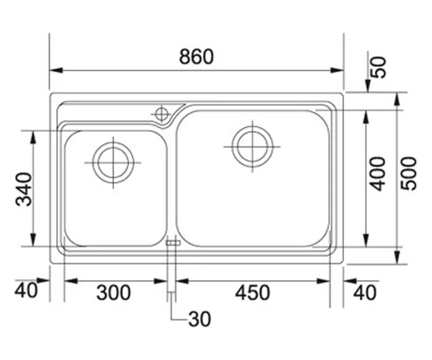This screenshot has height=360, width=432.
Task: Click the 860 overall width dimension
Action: pyautogui.click(x=196, y=56)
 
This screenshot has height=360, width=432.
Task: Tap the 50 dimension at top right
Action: pyautogui.click(x=379, y=67)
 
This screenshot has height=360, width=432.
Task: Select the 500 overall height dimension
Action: pyautogui.click(x=408, y=174)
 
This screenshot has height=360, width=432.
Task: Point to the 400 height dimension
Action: pyautogui.click(x=377, y=174)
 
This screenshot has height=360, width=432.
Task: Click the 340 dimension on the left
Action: pyautogui.click(x=24, y=189)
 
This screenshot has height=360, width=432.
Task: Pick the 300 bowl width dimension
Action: pyautogui.click(x=114, y=292)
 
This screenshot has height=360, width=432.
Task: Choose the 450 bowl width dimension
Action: pyautogui.click(x=253, y=292)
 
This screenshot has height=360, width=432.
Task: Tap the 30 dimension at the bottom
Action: pyautogui.click(x=199, y=319)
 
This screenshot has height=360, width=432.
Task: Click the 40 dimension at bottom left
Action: pyautogui.click(x=26, y=290)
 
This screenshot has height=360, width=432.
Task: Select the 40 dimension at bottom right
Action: pyautogui.click(x=365, y=292)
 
